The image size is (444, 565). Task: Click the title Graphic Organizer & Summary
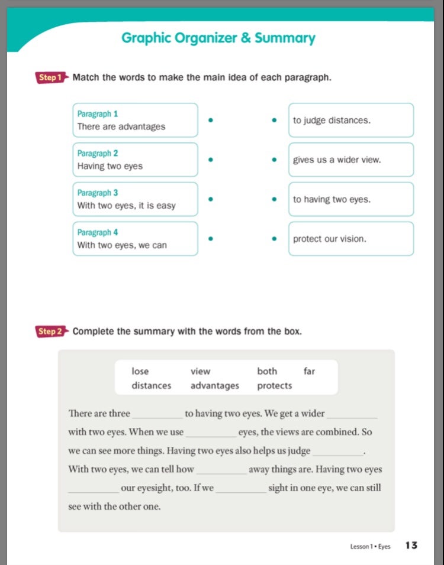click(218, 38)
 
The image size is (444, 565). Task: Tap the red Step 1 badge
click(50, 77)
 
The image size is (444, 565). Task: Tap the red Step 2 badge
click(50, 332)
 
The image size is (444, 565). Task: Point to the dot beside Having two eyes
click(210, 160)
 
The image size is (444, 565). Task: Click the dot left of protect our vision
click(274, 239)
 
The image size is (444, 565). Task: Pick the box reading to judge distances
click(350, 120)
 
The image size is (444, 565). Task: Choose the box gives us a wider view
click(350, 160)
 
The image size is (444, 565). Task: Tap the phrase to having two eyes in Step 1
click(332, 199)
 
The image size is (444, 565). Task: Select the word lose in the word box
click(140, 371)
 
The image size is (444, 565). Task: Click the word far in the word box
click(309, 371)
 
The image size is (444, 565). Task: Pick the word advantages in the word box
click(215, 385)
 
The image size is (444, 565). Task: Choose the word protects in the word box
click(275, 385)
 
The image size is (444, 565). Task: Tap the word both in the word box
click(267, 371)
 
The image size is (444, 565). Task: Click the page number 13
click(411, 545)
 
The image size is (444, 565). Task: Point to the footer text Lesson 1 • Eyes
click(370, 546)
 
